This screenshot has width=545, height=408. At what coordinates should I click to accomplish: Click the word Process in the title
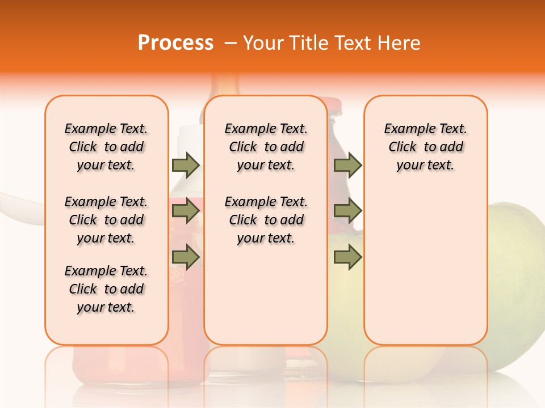(x=175, y=43)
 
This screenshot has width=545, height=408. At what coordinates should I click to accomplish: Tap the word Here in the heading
(x=399, y=43)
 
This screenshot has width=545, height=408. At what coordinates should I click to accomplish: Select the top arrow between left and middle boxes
(x=186, y=165)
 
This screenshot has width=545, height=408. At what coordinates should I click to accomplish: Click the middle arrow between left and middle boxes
(x=186, y=211)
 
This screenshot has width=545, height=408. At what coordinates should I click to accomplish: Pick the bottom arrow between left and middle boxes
(x=186, y=257)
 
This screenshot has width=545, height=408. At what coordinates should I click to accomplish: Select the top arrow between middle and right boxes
(x=347, y=165)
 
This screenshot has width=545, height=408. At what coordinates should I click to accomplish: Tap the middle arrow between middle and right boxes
(x=347, y=211)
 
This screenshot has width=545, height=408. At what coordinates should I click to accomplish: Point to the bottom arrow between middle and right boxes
(x=347, y=257)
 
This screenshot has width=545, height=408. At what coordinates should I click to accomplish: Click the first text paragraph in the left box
(x=106, y=147)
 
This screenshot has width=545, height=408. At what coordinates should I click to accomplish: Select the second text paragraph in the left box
(x=106, y=220)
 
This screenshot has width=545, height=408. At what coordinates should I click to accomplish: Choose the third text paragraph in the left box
(x=106, y=289)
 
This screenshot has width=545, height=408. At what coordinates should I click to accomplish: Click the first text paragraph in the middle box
(x=266, y=147)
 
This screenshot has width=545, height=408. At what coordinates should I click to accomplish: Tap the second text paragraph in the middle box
(x=266, y=220)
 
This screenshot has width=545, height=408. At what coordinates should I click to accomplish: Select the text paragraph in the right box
(x=425, y=147)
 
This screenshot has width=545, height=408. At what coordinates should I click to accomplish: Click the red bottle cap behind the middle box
(x=334, y=105)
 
